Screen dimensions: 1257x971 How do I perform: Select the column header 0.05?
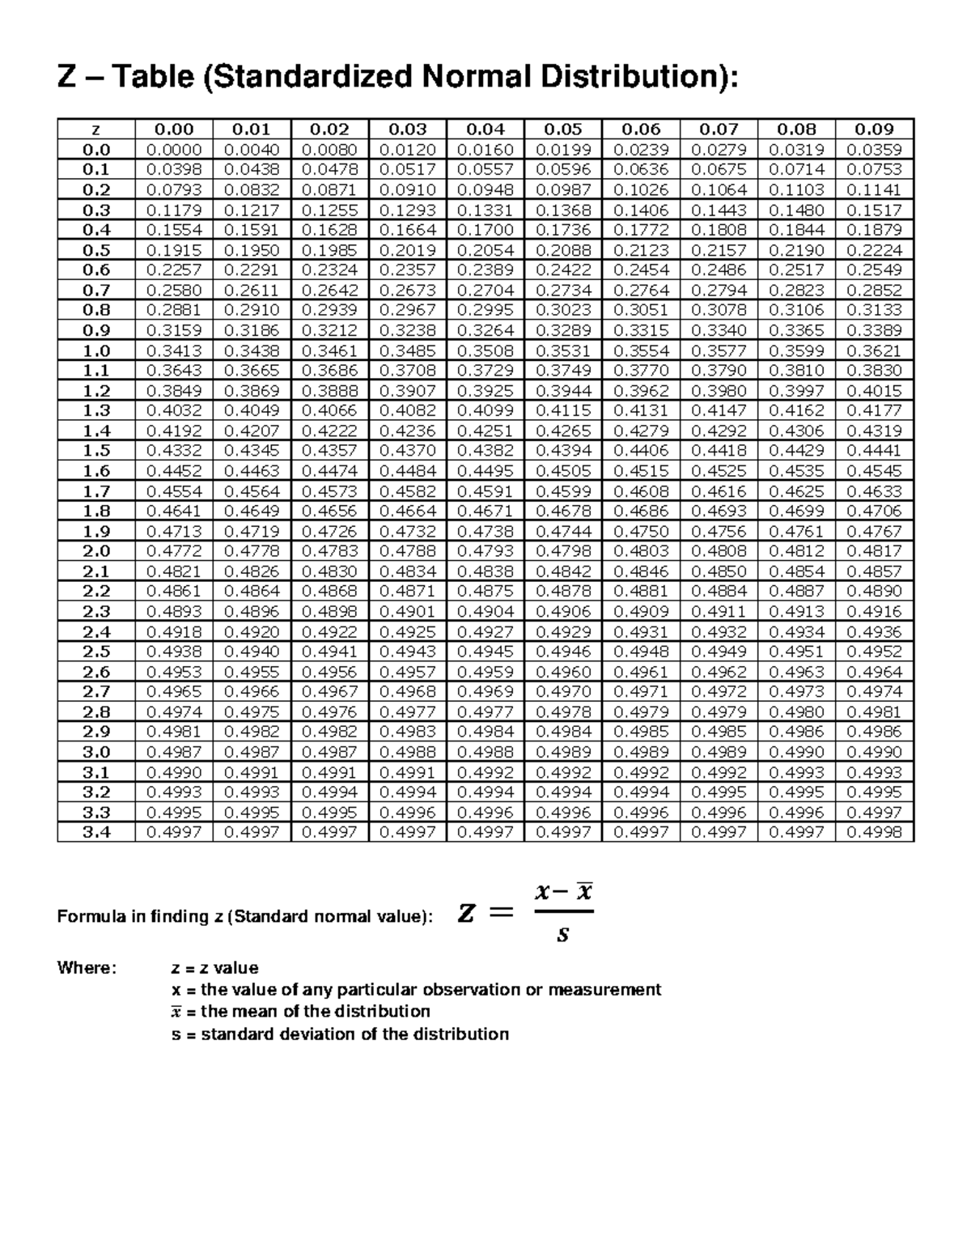point(562,130)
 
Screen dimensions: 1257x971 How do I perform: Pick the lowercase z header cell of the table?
point(95,130)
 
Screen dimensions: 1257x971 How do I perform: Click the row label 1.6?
point(95,471)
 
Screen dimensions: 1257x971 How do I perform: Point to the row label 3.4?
point(95,832)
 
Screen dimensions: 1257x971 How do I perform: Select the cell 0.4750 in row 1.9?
point(641,531)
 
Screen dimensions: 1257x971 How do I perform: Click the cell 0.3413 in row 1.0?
point(173,350)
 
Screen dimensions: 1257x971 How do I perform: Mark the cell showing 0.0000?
point(173,150)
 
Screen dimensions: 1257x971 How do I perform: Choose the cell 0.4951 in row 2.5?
point(796,652)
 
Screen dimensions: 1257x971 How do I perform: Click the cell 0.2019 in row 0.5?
point(407,250)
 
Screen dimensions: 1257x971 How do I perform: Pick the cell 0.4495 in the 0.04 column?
point(485,471)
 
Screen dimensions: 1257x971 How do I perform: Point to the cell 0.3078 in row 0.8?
point(719,310)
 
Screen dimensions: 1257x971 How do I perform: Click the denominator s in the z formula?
point(563,935)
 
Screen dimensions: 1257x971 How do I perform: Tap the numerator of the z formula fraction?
point(563,893)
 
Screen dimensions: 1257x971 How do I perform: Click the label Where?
point(87,968)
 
